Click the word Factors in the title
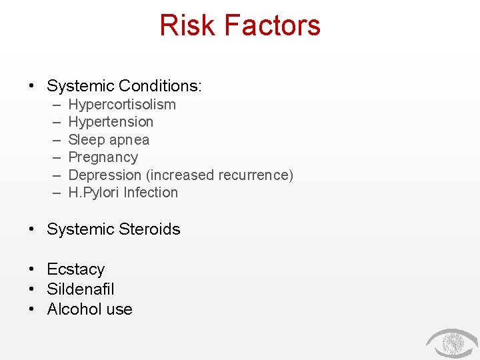[272, 25]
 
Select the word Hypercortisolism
[122, 105]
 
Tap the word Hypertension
[111, 122]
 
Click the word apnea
[129, 140]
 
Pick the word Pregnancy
[103, 157]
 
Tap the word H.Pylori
[94, 193]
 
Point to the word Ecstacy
[76, 269]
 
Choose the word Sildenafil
[81, 289]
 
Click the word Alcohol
[71, 309]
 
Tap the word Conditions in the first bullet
[160, 86]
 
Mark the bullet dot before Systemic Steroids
[31, 229]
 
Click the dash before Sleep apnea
[55, 140]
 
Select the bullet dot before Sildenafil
[31, 289]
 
